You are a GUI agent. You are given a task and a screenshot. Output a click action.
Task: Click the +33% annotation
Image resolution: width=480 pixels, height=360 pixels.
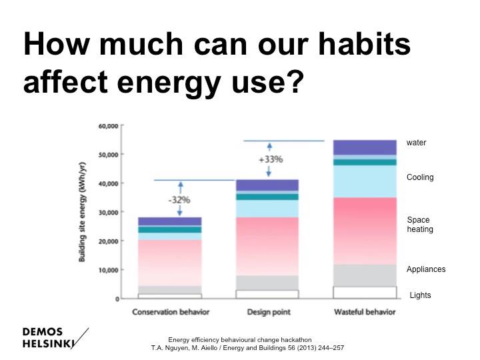point(271,159)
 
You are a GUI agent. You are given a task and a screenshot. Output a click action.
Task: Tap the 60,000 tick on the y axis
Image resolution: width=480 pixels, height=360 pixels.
point(108,126)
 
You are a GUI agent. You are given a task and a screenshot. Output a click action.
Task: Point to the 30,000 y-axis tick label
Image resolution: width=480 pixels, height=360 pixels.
point(108,212)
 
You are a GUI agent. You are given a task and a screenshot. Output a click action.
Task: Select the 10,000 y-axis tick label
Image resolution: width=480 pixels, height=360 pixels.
point(108,270)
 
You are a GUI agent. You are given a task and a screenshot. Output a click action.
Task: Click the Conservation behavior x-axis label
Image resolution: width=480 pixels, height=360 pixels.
point(170,312)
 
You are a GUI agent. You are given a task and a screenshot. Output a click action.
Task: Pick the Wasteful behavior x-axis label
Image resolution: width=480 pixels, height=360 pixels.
point(365,312)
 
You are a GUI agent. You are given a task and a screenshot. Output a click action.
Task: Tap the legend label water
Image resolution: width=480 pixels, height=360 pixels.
point(416,143)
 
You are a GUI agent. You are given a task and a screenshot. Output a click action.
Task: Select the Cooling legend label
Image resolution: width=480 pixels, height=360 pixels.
point(420,177)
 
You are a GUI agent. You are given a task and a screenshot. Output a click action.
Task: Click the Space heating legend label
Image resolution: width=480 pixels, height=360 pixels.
point(420,225)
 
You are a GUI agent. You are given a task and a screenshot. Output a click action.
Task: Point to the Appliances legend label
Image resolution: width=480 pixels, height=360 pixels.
point(426,269)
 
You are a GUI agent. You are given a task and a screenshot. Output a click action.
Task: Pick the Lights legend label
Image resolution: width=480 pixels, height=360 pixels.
point(420,295)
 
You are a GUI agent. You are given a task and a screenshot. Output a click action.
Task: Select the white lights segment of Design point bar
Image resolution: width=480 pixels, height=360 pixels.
point(267,294)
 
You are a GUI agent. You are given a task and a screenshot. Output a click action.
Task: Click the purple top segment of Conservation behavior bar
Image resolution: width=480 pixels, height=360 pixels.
point(170,221)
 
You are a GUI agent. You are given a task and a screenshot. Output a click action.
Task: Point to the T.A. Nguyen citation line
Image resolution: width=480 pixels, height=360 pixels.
point(247,348)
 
